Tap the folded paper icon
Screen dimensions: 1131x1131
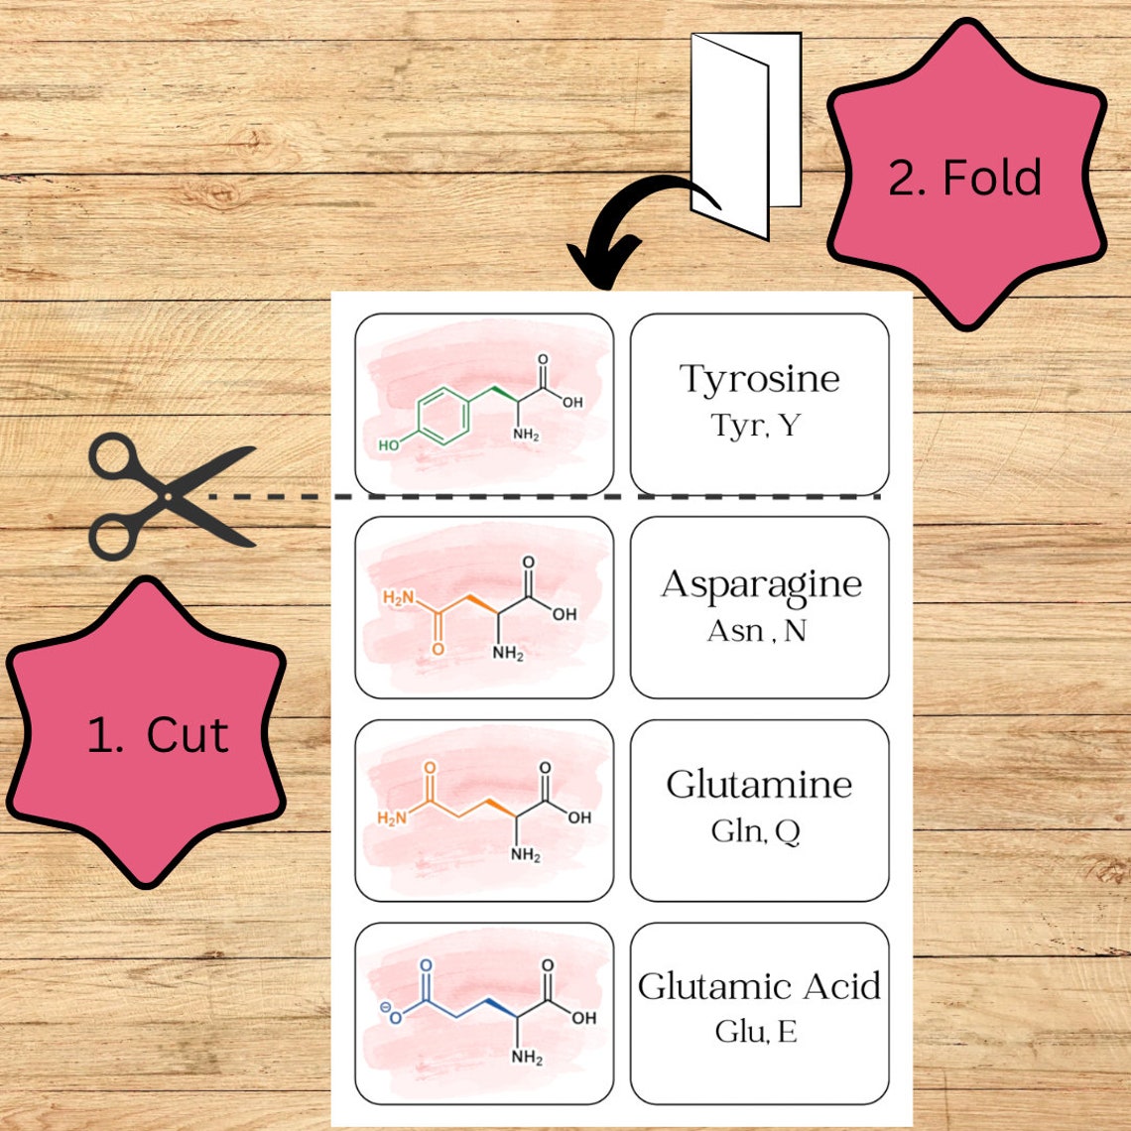[x=745, y=134]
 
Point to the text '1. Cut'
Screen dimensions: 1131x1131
[x=157, y=735]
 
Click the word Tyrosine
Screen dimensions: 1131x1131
[x=759, y=379]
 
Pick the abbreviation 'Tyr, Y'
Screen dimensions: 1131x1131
[x=755, y=426]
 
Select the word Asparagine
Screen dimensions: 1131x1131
[x=761, y=583]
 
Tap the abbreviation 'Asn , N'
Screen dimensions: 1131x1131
[x=756, y=630]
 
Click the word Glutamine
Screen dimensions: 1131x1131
[x=759, y=785]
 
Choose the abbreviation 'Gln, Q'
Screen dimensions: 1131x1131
[x=755, y=831]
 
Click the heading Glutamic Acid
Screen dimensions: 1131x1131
[x=759, y=986]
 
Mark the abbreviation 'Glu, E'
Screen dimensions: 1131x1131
[x=755, y=1033]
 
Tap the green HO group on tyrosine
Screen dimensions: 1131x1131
[x=390, y=445]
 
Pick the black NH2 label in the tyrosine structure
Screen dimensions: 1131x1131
[x=526, y=435]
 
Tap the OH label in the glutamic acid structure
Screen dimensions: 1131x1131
[x=583, y=1018]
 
